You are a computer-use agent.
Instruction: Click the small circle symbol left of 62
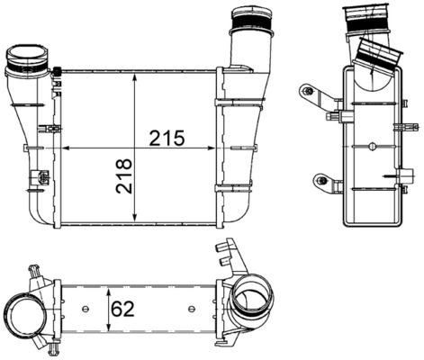(x=86, y=310)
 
